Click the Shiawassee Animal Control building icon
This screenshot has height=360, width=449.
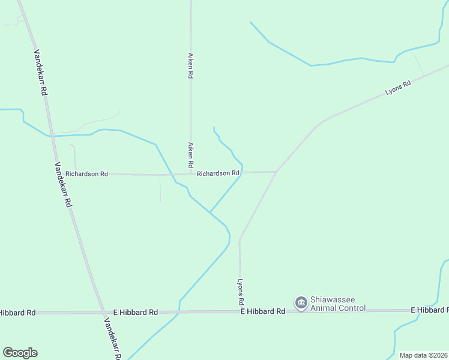coord(301,303)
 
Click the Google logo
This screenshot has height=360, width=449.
coord(20,353)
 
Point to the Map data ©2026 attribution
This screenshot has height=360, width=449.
coord(423,355)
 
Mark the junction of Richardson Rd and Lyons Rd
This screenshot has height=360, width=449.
coord(276,172)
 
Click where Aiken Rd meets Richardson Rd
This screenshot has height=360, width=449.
coord(191,174)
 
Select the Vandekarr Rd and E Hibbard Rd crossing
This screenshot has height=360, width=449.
coord(103,313)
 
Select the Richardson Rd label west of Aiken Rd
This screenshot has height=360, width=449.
coord(87,174)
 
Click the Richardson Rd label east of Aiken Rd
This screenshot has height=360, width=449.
coord(218,173)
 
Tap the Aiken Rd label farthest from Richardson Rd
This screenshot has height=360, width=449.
coord(190,65)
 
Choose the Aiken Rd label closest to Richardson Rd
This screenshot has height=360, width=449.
coord(190,155)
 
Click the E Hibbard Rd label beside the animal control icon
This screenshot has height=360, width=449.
coord(263,311)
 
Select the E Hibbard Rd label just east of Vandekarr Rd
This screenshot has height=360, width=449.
coord(136,313)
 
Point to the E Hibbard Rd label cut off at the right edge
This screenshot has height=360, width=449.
coord(429,310)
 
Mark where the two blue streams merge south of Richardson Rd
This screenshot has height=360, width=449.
coord(210,212)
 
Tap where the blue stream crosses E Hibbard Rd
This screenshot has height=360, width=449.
coord(178,312)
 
